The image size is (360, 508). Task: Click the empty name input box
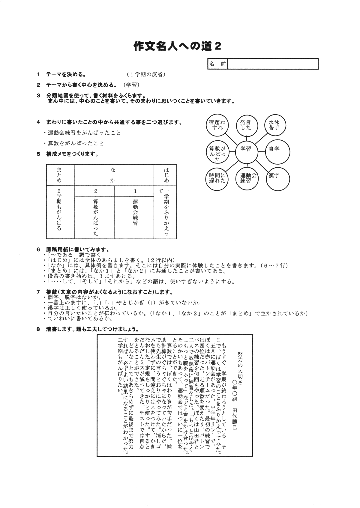coord(273,64)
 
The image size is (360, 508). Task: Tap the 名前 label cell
coord(218,64)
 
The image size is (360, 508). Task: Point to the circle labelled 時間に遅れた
coord(217,178)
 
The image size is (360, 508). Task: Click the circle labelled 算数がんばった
coord(217,151)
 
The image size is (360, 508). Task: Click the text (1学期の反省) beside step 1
coord(146,75)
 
